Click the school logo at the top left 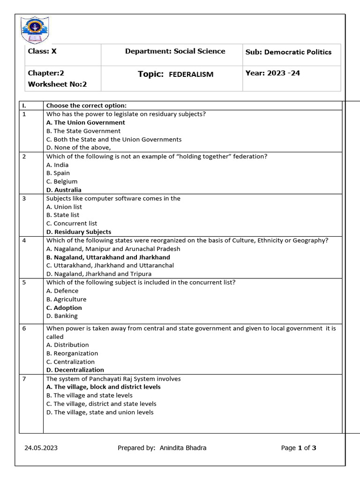click(x=35, y=30)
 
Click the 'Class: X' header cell click(x=42, y=52)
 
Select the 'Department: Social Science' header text click(x=175, y=52)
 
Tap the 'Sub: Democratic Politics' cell click(x=288, y=52)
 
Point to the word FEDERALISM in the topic click(x=191, y=75)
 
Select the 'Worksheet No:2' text click(x=57, y=84)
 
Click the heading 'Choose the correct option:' click(x=86, y=105)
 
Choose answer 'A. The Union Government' click(x=85, y=122)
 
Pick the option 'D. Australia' click(x=64, y=190)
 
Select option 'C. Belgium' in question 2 click(x=62, y=181)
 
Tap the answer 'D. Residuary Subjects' click(x=79, y=232)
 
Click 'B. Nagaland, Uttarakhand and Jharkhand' click(x=108, y=257)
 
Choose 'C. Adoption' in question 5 click(x=64, y=307)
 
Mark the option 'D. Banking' click(x=62, y=316)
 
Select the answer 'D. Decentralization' click(x=75, y=370)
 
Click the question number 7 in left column click(x=24, y=379)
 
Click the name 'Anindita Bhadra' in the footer click(x=183, y=448)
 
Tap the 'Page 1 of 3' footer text click(x=299, y=448)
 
